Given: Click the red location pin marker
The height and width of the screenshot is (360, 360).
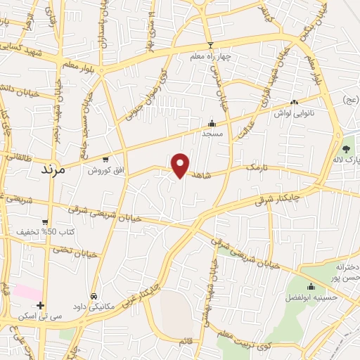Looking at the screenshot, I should [181, 165].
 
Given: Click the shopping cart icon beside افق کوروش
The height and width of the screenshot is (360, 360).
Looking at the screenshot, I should [105, 160].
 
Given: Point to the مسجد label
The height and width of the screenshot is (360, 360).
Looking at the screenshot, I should [212, 133].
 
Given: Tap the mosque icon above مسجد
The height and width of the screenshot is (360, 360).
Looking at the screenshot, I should [212, 123].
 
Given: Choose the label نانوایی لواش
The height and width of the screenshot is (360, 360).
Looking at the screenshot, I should [292, 112].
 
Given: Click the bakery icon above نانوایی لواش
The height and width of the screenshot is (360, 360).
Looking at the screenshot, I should [293, 103].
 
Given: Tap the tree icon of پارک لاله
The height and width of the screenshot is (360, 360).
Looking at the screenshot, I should [345, 148].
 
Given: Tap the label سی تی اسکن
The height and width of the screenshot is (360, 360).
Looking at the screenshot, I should [41, 317].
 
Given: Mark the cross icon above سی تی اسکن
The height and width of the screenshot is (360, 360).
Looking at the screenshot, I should [41, 306].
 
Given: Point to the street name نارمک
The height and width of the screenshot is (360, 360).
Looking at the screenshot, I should [258, 167].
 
